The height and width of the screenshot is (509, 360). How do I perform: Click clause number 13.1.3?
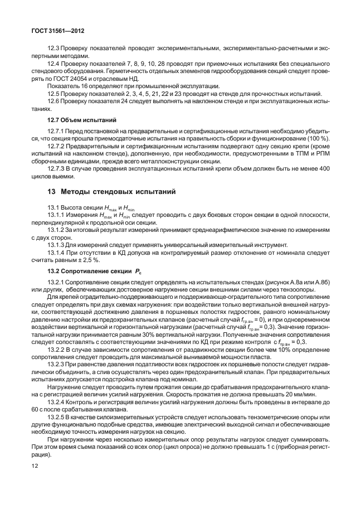pos(57,244)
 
